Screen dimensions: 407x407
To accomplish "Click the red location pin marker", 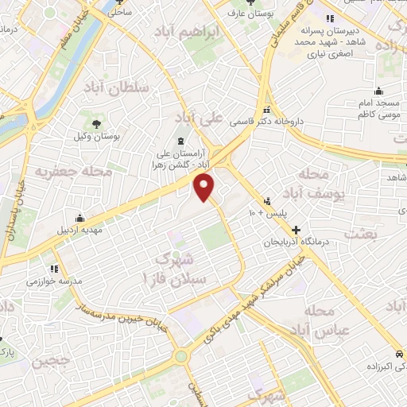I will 205,188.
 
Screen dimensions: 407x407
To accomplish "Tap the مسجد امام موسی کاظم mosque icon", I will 379,90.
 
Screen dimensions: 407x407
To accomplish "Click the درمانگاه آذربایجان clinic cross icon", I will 297,229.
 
